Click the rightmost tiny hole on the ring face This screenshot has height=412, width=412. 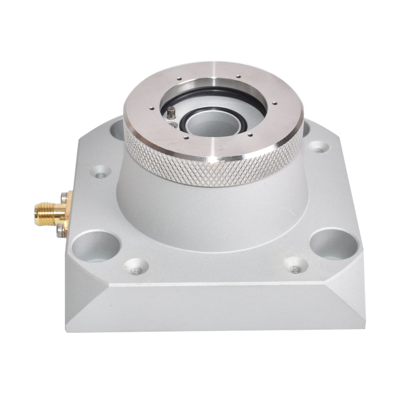[276, 102]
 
